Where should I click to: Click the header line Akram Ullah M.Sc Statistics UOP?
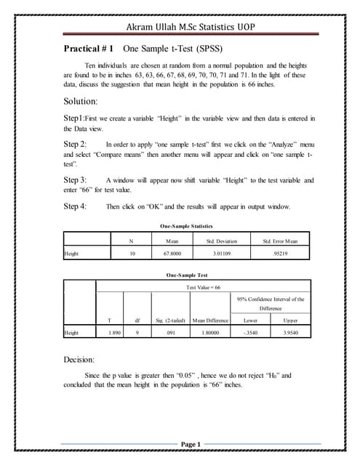179,28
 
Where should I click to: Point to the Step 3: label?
75,179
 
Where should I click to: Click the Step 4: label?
75,206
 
